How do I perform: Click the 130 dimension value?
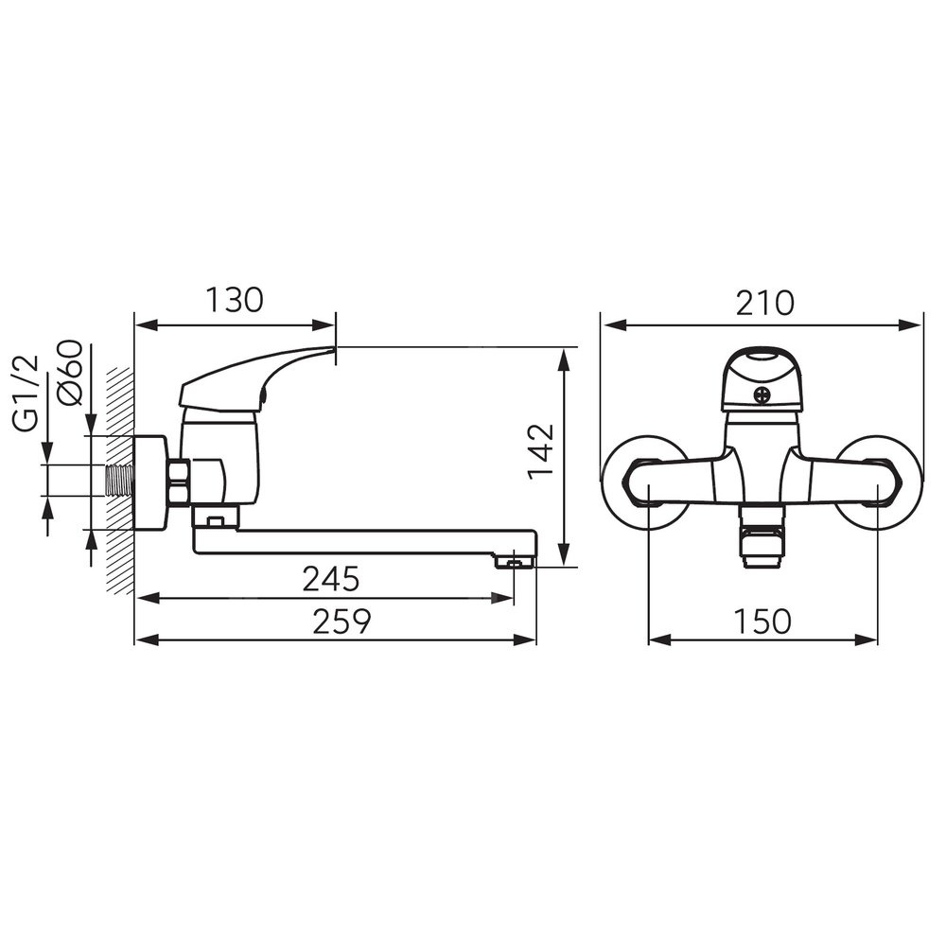(x=235, y=300)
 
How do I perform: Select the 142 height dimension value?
(x=540, y=450)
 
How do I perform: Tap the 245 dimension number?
(x=330, y=579)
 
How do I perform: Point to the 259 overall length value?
(x=342, y=622)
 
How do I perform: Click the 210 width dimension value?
(x=764, y=303)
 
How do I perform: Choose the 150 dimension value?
(x=762, y=621)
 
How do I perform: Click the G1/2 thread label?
(x=26, y=394)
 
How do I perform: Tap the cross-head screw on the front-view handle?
(x=762, y=396)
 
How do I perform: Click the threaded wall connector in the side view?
(x=120, y=481)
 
